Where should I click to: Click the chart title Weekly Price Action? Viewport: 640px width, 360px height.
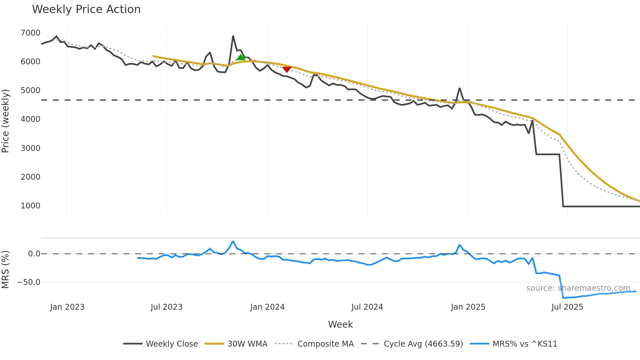point(86,9)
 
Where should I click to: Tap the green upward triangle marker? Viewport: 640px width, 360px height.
point(241,58)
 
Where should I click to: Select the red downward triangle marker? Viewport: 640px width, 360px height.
point(287,69)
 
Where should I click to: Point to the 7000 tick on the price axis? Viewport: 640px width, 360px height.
point(30,33)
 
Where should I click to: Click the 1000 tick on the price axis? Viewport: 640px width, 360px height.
point(30,206)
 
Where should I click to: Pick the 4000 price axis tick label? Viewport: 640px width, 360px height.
point(30,119)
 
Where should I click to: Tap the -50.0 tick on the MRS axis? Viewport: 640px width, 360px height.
point(29,282)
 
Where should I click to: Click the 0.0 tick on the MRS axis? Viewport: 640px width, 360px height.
point(34,254)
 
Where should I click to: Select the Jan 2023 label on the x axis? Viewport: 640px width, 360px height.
point(67,307)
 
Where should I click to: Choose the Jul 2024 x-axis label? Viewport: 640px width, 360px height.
point(367,307)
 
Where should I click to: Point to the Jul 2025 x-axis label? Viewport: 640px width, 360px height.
point(567,307)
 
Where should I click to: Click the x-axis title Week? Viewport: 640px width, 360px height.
point(340,324)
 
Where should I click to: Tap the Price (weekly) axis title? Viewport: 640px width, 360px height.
point(6,121)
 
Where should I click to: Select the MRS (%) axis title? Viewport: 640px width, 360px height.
point(6,270)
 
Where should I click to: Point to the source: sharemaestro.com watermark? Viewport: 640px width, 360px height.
point(578,288)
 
